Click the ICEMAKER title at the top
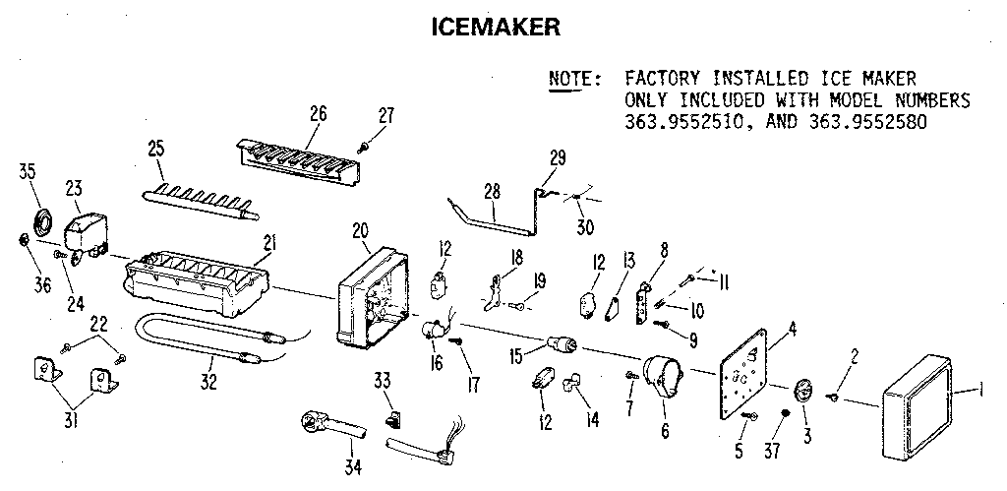coord(497,27)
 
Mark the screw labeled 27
coord(363,146)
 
